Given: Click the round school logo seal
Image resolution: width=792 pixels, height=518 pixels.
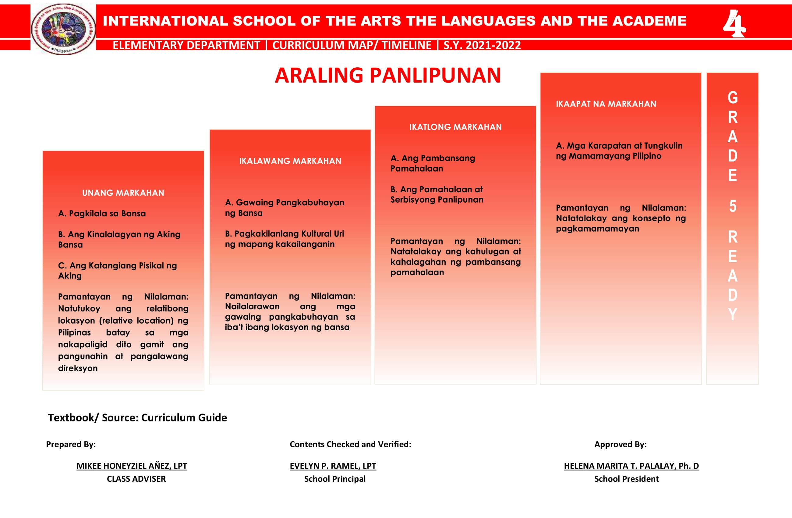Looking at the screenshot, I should (63, 29).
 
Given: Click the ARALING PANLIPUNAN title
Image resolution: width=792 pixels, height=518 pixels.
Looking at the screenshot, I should (388, 75).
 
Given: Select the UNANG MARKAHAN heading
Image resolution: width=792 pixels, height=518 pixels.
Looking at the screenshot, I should (123, 193).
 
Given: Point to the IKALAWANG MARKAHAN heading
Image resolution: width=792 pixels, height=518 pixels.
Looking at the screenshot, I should (290, 161).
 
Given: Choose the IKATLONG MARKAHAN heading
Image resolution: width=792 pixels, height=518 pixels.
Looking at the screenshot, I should (455, 127).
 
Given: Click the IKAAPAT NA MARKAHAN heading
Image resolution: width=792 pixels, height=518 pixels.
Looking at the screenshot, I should (606, 104).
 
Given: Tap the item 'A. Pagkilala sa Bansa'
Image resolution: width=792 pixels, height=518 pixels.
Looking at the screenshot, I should (102, 213).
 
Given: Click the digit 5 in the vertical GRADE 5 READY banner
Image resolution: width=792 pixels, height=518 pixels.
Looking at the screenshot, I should (732, 206).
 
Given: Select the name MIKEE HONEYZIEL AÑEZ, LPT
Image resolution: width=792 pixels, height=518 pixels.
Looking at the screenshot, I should (132, 466).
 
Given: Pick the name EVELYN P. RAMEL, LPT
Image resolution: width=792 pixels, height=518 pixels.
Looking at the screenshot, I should (333, 466).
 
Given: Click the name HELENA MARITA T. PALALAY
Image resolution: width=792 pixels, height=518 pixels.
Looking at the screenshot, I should (631, 466).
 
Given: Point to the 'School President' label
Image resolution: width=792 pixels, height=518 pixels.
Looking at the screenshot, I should (626, 479).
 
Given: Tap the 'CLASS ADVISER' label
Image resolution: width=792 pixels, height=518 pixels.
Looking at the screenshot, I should (136, 479).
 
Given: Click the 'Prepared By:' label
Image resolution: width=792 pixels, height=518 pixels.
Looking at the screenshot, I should (71, 444).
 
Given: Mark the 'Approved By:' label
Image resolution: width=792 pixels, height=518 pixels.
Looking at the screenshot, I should (620, 444).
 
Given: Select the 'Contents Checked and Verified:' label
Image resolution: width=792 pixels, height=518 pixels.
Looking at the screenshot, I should (350, 444).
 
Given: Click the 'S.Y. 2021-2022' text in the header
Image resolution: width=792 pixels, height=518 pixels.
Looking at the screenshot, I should (482, 45).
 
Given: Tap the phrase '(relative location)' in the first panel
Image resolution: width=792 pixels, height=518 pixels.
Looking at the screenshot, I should (136, 320).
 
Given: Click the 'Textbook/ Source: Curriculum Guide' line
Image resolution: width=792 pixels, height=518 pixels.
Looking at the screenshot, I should (137, 417).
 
